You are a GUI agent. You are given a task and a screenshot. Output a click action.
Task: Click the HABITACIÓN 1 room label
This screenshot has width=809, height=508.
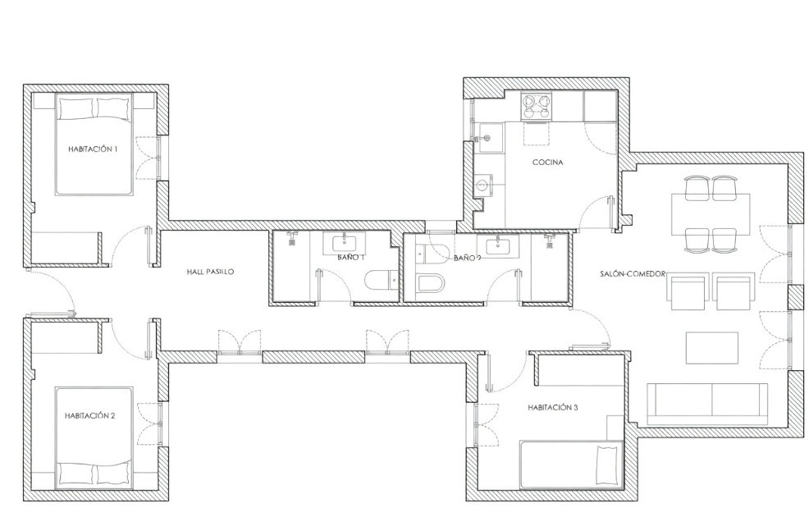tap(93, 149)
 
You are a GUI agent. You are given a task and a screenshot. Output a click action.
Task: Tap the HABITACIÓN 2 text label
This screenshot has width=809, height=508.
tap(89, 415)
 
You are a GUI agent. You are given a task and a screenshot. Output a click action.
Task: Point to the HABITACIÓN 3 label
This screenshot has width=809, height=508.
tap(552, 407)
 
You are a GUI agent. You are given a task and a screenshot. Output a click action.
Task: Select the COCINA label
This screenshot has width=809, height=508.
tap(548, 162)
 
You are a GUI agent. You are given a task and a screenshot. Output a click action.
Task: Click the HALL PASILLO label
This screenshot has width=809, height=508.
tap(210, 272)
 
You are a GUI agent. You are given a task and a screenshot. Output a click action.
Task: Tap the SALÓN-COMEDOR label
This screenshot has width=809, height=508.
tap(633, 273)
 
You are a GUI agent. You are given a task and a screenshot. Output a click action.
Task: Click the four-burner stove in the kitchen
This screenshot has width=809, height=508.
tap(537, 107)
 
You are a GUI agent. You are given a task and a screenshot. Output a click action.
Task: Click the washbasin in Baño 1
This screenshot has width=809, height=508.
tap(344, 243)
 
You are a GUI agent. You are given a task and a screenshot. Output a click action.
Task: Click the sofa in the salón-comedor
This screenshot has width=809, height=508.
tap(706, 405)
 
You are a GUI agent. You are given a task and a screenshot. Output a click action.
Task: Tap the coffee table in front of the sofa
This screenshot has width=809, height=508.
tap(712, 348)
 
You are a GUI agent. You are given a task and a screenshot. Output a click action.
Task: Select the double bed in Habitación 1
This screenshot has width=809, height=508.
tap(94, 144)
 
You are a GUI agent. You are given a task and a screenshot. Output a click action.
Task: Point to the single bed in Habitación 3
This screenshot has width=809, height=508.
tap(571, 465)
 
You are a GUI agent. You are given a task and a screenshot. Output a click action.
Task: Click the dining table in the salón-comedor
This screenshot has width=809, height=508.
tap(711, 213)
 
